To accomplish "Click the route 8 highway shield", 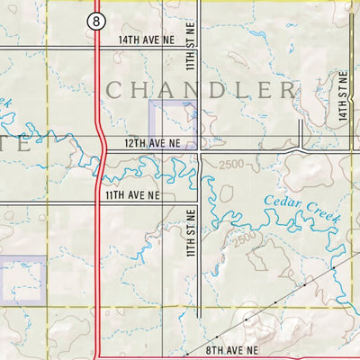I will (x=95, y=21).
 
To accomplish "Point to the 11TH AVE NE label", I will (x=133, y=194).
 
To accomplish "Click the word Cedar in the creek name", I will (x=283, y=201).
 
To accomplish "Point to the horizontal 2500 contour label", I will (x=230, y=164).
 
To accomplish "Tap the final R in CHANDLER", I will (x=287, y=90).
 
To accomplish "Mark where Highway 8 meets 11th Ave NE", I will (x=100, y=203).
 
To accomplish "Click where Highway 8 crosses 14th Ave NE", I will (x=95, y=47).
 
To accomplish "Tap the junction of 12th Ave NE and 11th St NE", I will (x=199, y=151).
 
